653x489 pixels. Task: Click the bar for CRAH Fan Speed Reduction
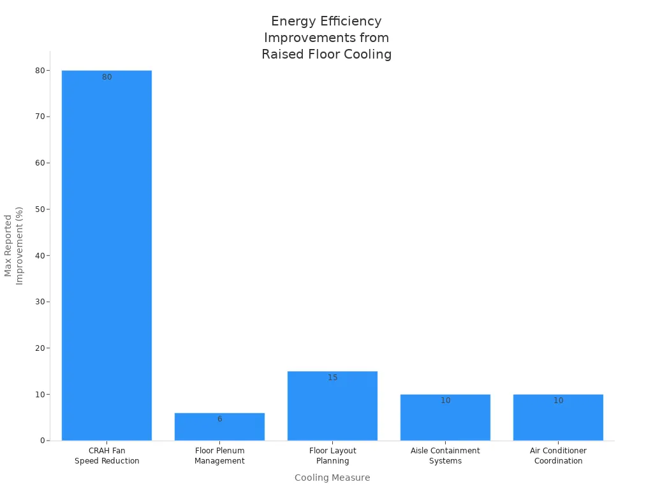pyautogui.click(x=106, y=255)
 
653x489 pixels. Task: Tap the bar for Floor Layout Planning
pyautogui.click(x=332, y=407)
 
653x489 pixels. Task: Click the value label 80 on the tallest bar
pyautogui.click(x=106, y=78)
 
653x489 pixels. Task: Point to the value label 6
pyautogui.click(x=219, y=419)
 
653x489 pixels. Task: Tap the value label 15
pyautogui.click(x=332, y=378)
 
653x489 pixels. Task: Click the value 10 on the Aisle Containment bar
pyautogui.click(x=445, y=400)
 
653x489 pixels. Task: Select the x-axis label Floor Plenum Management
pyautogui.click(x=219, y=456)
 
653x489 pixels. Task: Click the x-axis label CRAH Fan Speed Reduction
pyautogui.click(x=106, y=456)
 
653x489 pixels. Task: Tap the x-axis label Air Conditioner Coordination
pyautogui.click(x=558, y=456)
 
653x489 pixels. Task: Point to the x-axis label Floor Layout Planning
pyautogui.click(x=332, y=456)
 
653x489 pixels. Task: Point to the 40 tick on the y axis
pyautogui.click(x=40, y=255)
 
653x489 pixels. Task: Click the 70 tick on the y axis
pyautogui.click(x=40, y=117)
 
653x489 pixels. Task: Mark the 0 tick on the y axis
pyautogui.click(x=42, y=441)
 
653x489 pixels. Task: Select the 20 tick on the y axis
pyautogui.click(x=40, y=348)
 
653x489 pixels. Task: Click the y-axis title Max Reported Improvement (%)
pyautogui.click(x=13, y=246)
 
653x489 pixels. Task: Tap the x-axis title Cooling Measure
pyautogui.click(x=332, y=478)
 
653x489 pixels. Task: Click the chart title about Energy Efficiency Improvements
pyautogui.click(x=326, y=38)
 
